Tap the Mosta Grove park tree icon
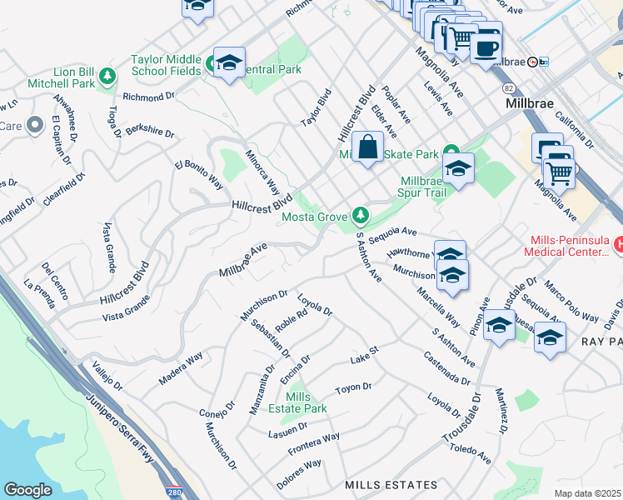[x=360, y=217]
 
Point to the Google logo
[x=27, y=490]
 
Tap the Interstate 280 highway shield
[x=173, y=492]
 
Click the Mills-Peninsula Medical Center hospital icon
[x=618, y=245]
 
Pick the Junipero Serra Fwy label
[x=123, y=426]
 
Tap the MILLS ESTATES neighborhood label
[x=391, y=485]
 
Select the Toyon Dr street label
[x=352, y=388]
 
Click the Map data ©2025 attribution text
[x=586, y=493]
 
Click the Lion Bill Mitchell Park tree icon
[x=107, y=78]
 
